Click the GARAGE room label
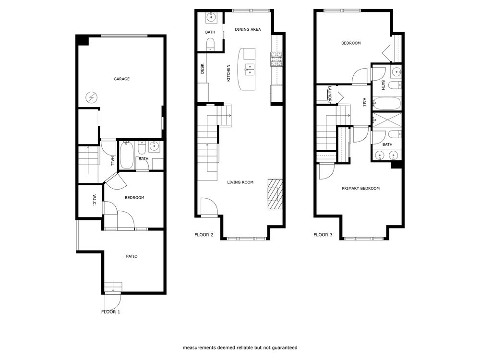tap(121, 79)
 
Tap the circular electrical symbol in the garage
tap(91, 98)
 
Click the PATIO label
tap(132, 256)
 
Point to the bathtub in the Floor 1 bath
tap(127, 155)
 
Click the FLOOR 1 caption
tap(110, 312)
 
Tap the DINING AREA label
tap(248, 30)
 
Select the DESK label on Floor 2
tap(202, 69)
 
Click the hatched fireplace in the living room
tap(275, 193)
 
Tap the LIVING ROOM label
tap(240, 182)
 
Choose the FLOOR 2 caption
tap(204, 235)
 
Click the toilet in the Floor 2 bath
tap(210, 45)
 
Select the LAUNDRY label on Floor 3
tap(330, 94)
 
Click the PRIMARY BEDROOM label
tap(360, 189)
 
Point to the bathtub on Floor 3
tap(386, 104)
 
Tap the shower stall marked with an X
tap(386, 120)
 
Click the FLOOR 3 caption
tap(323, 235)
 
